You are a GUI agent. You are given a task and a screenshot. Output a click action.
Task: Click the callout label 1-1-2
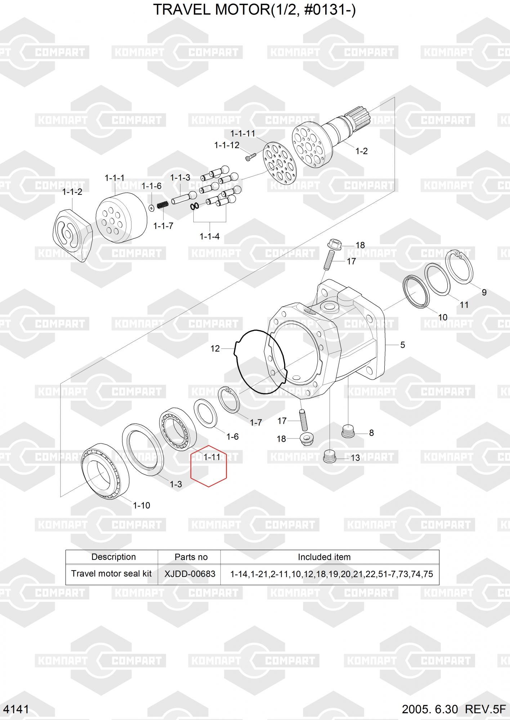click(x=72, y=192)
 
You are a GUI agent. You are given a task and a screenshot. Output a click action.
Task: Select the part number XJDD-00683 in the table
click(x=190, y=574)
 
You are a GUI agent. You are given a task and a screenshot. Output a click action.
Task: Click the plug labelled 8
click(x=348, y=431)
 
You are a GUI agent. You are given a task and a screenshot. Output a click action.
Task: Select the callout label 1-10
click(x=142, y=505)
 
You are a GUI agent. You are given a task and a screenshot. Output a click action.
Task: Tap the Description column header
click(x=113, y=557)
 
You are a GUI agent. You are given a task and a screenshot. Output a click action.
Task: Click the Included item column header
click(x=324, y=557)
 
